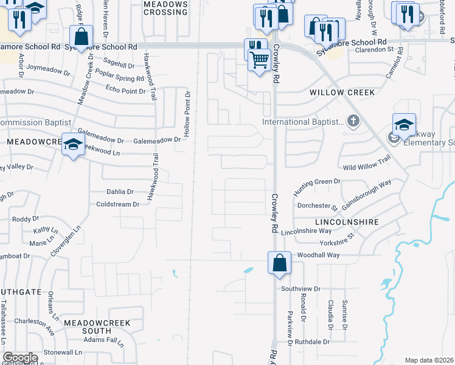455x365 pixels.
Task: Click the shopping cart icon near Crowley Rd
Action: [x=260, y=60]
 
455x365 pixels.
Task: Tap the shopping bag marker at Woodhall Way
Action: [x=279, y=263]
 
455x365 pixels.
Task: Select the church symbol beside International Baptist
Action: [x=353, y=122]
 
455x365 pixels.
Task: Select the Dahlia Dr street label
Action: [x=120, y=192]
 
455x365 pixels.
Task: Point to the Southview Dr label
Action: [x=300, y=289]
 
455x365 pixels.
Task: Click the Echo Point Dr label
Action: [x=126, y=91]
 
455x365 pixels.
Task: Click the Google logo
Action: [x=20, y=358]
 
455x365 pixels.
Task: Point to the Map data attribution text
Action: [x=429, y=360]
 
